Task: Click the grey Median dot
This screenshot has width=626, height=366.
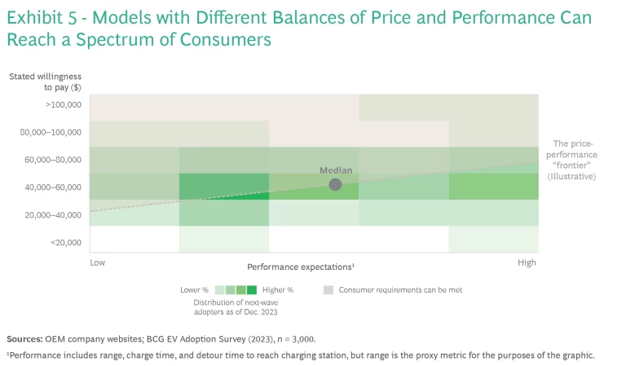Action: pos(335,184)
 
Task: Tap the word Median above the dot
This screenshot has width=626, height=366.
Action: pos(335,170)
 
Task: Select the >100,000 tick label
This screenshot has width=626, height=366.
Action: pos(63,104)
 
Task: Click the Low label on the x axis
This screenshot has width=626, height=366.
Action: pos(97,263)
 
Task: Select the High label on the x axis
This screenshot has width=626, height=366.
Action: pos(527,263)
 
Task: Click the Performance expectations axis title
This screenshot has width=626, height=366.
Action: pos(300,267)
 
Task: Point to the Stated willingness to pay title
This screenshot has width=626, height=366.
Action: pos(46,82)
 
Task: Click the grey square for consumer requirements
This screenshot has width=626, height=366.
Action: pos(328,289)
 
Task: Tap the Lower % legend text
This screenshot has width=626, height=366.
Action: pos(195,289)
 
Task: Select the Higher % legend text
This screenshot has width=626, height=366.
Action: pos(278,289)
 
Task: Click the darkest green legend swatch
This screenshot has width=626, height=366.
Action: pos(252,289)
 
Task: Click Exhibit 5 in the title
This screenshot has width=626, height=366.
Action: pos(41,18)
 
